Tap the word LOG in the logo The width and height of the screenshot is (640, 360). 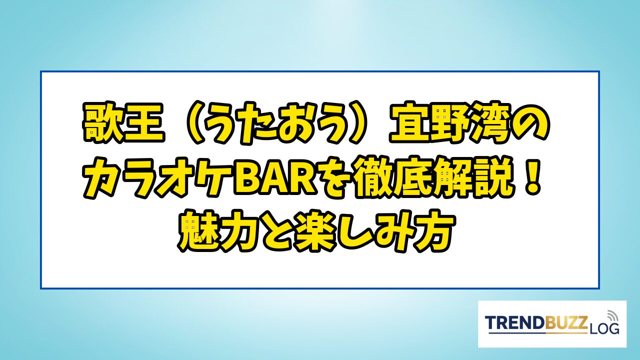[603, 329]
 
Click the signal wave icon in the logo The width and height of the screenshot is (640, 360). [612, 315]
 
